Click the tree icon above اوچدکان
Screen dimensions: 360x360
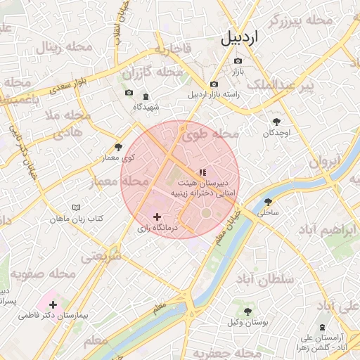point(276,122)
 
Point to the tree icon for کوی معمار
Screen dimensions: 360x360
point(117,148)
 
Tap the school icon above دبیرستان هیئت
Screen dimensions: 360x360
point(202,172)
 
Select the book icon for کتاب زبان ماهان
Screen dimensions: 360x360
point(76,209)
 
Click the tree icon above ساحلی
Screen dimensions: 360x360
point(268,200)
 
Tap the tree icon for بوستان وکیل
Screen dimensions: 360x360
point(247,311)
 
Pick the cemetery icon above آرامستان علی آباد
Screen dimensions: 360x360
point(323,328)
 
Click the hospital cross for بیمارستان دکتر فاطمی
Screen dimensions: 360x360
point(53,304)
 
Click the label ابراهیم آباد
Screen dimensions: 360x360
point(328,231)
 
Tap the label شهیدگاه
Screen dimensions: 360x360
point(146,107)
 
